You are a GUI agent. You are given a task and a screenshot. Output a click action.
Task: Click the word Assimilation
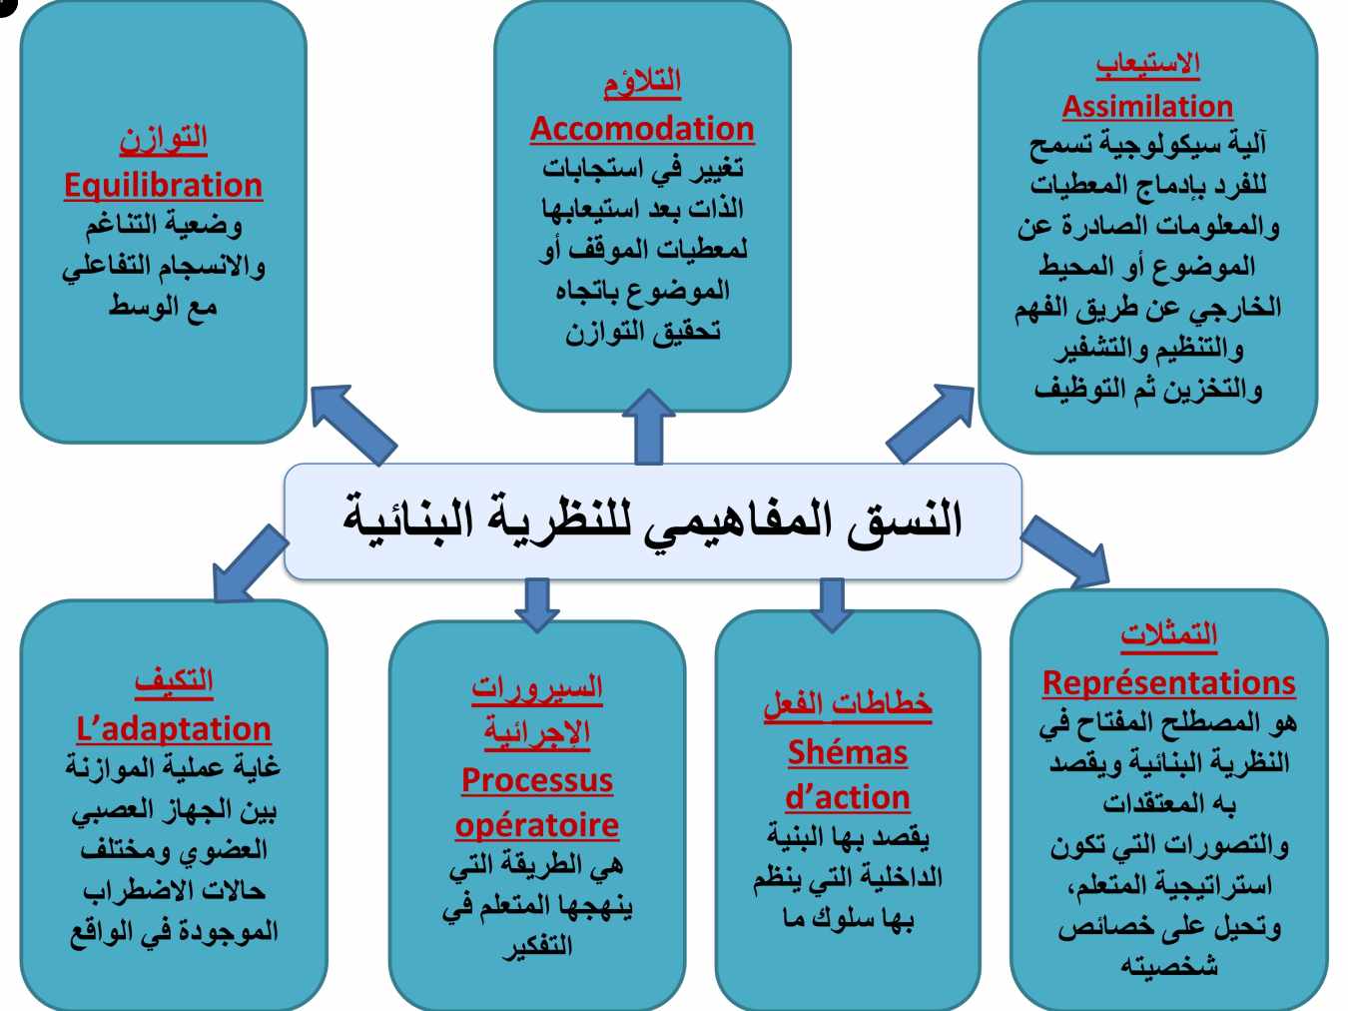pyautogui.click(x=1147, y=106)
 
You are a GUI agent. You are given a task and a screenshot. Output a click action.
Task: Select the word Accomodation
pyautogui.click(x=642, y=129)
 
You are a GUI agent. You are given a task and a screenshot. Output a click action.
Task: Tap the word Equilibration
pyautogui.click(x=164, y=186)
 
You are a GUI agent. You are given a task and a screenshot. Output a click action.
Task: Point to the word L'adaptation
pyautogui.click(x=174, y=729)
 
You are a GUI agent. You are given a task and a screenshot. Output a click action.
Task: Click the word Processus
pyautogui.click(x=537, y=780)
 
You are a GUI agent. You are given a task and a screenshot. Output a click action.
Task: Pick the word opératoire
pyautogui.click(x=537, y=826)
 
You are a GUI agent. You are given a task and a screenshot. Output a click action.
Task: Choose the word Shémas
pyautogui.click(x=848, y=752)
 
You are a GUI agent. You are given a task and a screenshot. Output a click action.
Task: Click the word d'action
pyautogui.click(x=848, y=797)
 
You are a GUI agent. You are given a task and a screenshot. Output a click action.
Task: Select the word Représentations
pyautogui.click(x=1168, y=682)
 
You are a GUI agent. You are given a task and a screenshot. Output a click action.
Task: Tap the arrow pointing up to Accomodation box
pyautogui.click(x=648, y=427)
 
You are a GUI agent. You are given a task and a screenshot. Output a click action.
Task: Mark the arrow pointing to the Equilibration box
pyautogui.click(x=353, y=425)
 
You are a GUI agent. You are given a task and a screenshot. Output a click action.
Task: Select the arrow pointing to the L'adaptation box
pyautogui.click(x=249, y=563)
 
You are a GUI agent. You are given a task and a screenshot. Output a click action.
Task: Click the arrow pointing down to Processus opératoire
pyautogui.click(x=537, y=605)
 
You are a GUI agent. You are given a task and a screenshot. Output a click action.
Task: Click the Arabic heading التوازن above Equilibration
pyautogui.click(x=164, y=140)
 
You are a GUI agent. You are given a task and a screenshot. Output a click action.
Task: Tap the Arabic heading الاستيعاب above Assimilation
pyautogui.click(x=1147, y=65)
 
